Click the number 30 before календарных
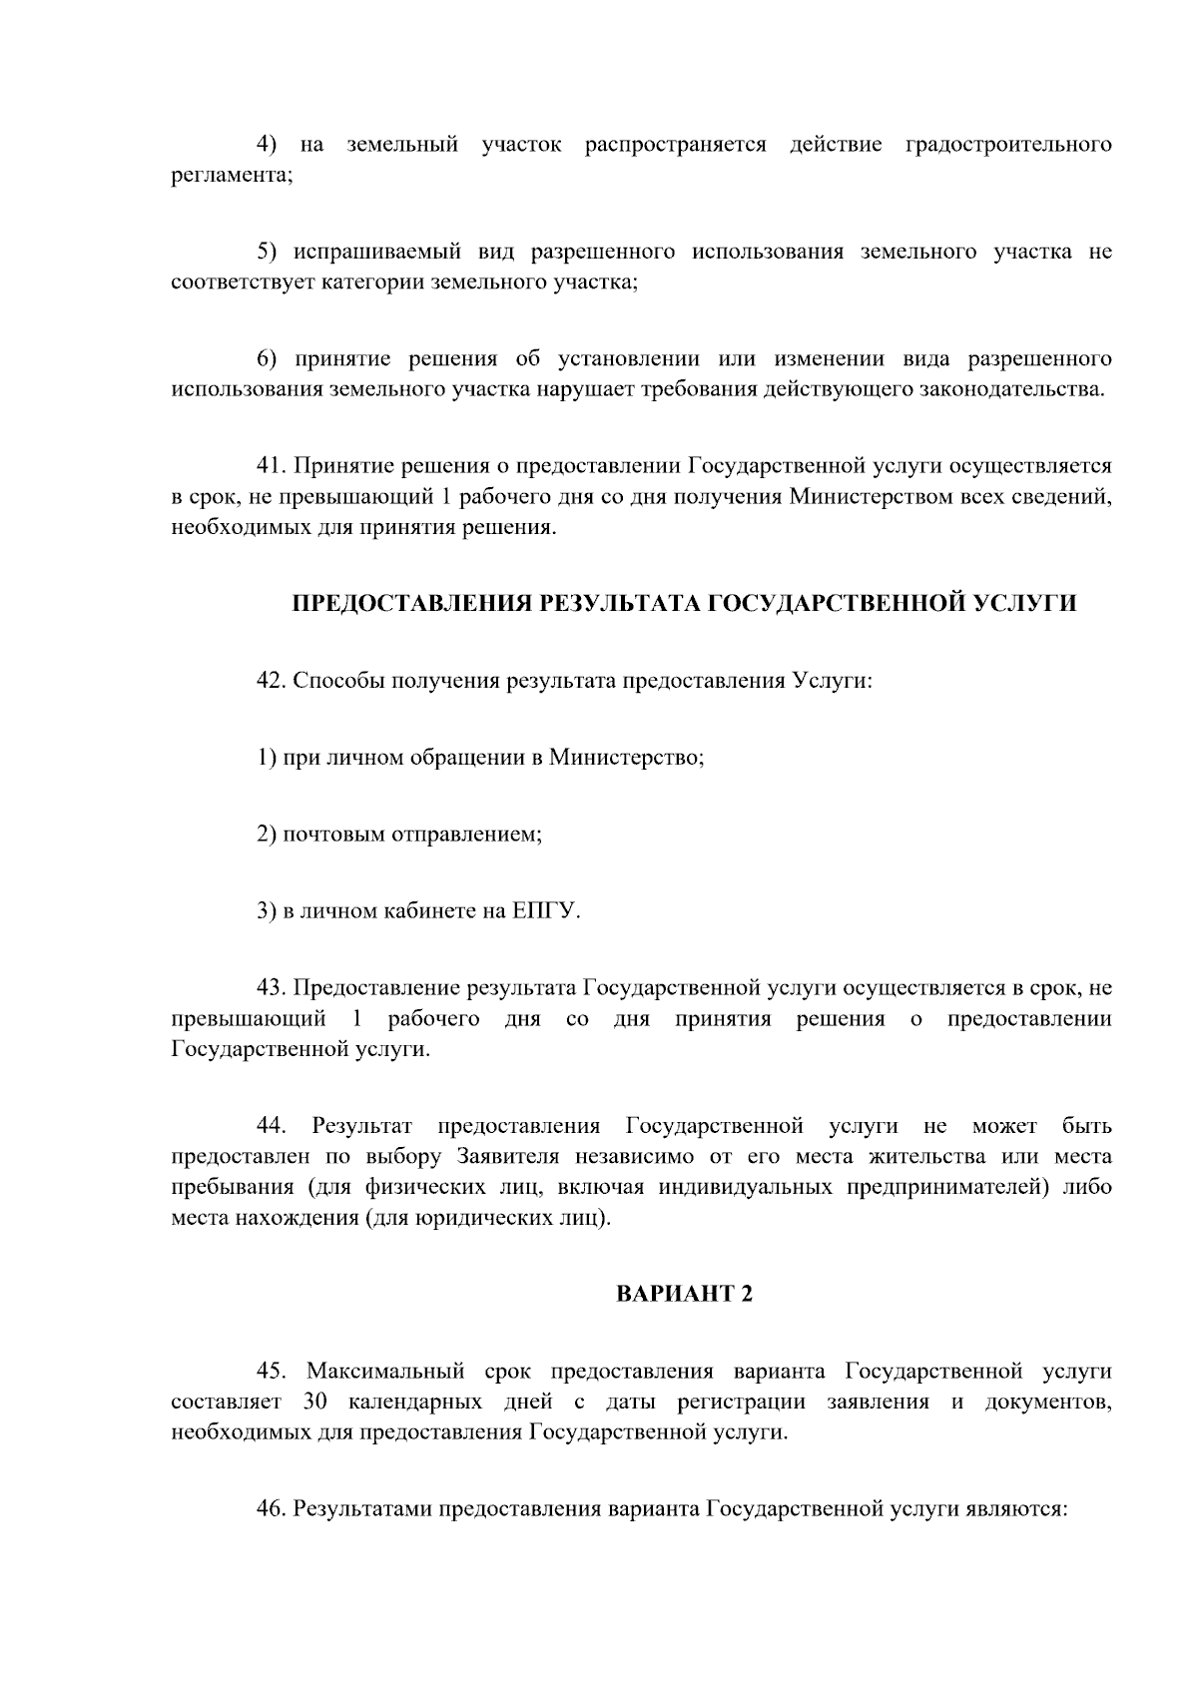(314, 1401)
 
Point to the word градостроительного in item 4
(1008, 146)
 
